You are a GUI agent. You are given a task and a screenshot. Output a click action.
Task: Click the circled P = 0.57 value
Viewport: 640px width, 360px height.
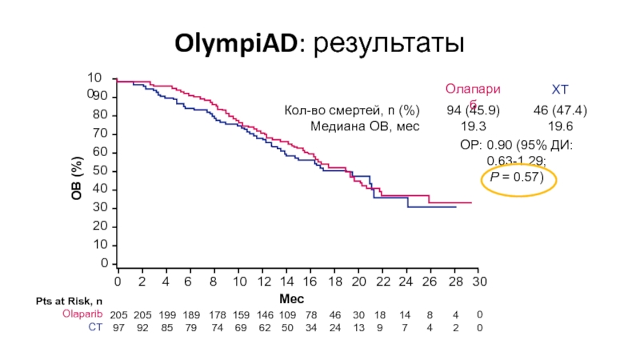518,177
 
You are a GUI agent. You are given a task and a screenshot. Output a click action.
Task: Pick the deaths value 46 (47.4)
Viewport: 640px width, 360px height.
560,110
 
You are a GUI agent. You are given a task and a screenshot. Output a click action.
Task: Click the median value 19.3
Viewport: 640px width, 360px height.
473,126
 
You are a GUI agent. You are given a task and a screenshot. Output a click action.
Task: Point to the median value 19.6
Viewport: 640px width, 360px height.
560,126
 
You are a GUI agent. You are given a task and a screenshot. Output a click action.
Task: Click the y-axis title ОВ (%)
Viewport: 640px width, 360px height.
78,178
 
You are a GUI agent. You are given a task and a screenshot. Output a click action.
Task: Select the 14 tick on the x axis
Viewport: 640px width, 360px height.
286,282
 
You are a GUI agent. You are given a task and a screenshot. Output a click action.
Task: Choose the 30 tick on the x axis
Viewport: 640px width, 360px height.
478,282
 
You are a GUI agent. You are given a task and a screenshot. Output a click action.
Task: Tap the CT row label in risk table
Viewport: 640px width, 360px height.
95,326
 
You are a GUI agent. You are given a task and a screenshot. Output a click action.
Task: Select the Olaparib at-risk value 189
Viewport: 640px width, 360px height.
190,314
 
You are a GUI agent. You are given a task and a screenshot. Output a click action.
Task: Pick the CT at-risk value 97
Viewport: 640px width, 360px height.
118,326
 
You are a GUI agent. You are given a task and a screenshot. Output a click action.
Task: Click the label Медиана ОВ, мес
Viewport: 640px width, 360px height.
364,126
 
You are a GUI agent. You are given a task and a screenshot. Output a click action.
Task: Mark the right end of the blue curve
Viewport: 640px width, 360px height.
455,207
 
